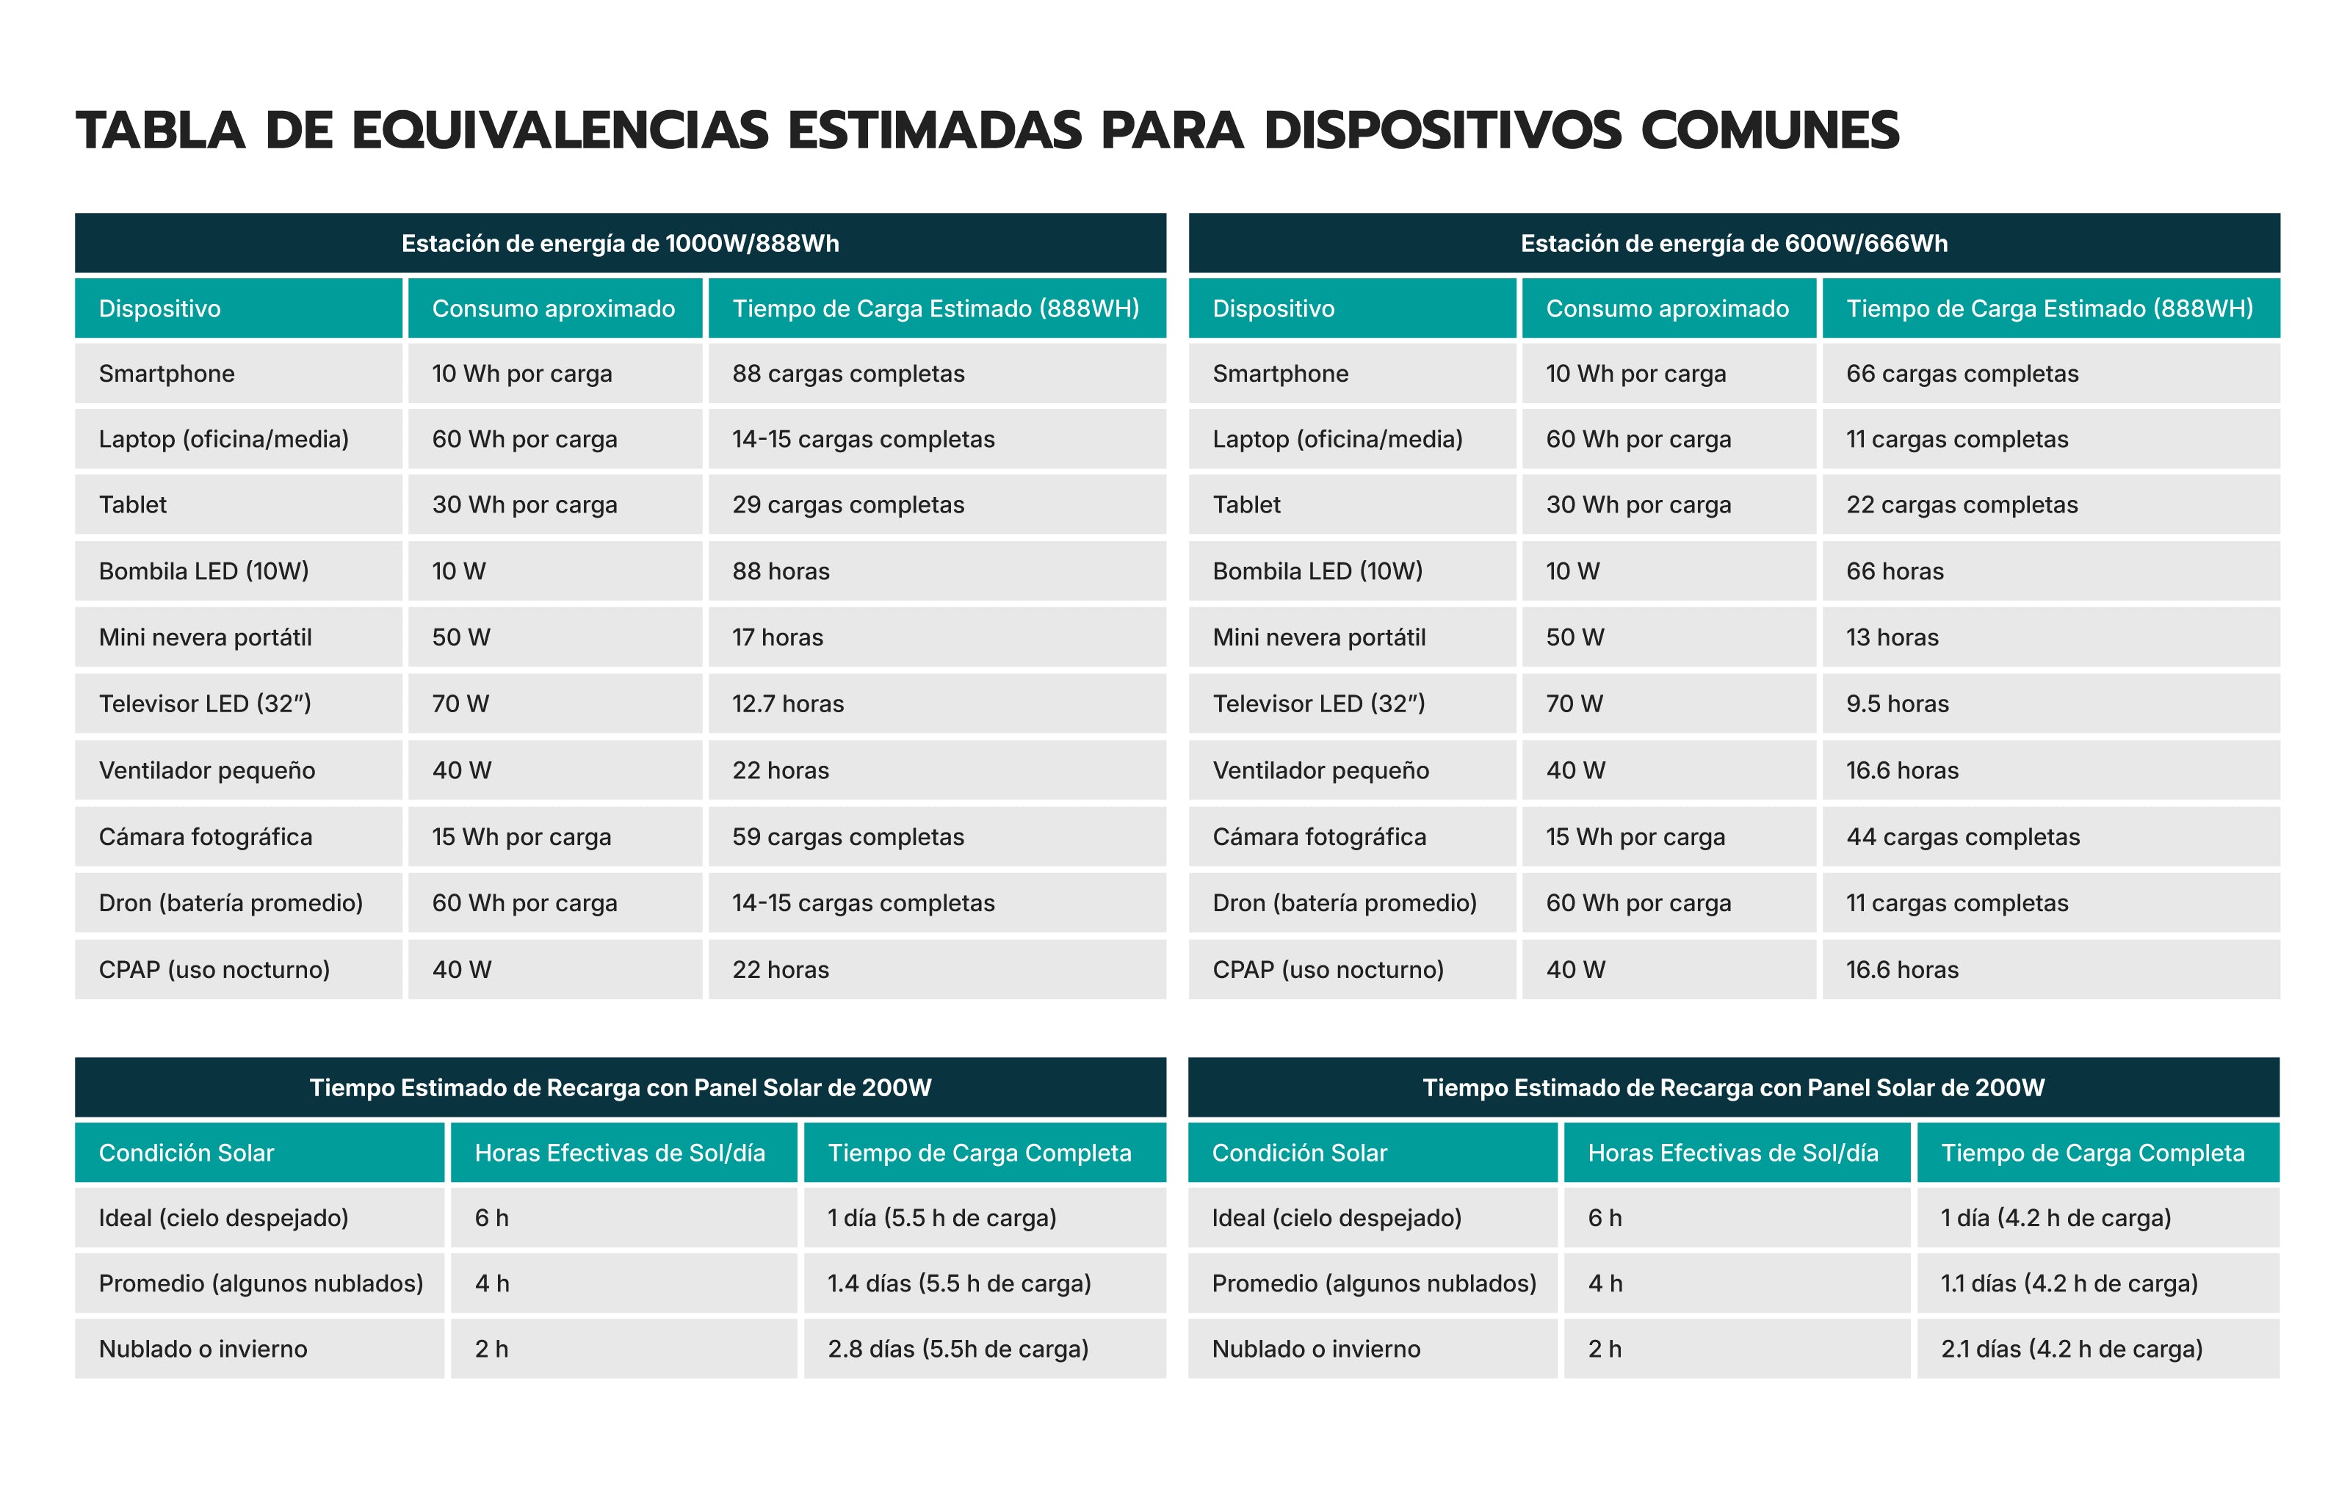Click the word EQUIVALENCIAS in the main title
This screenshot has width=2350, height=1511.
coord(560,131)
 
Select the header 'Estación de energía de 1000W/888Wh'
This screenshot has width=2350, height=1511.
coord(619,243)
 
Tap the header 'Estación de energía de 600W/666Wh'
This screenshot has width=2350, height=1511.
coord(1733,243)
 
